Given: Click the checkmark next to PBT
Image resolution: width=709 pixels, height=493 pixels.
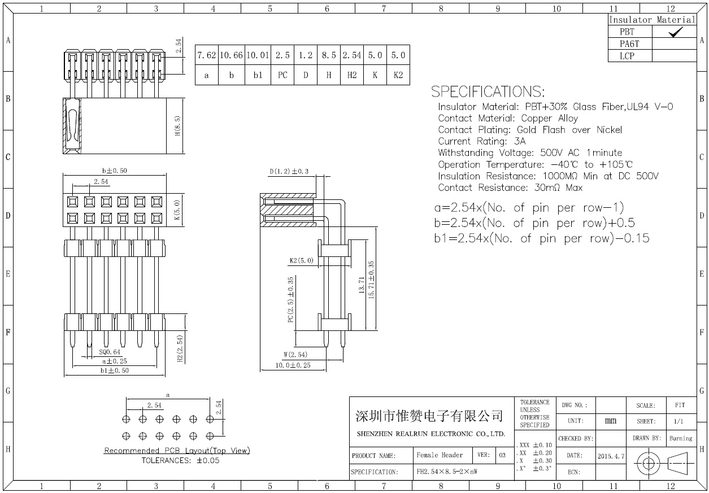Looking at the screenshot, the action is [x=675, y=32].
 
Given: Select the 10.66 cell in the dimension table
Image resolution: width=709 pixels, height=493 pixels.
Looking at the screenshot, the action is [x=232, y=55].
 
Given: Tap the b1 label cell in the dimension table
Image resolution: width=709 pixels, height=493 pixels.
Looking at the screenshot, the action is [x=258, y=75].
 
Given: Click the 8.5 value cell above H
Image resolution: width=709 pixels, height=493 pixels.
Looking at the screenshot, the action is [x=329, y=55].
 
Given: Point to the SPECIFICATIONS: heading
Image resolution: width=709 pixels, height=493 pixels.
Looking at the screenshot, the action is [x=488, y=91].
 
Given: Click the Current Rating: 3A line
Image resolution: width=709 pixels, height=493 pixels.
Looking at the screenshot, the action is [x=481, y=141].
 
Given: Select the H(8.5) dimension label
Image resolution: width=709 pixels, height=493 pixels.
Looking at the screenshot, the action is [x=177, y=126].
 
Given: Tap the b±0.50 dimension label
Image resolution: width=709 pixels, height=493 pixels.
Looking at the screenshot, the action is [x=114, y=171].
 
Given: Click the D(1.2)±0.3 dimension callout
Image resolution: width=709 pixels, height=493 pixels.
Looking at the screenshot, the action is [x=289, y=171].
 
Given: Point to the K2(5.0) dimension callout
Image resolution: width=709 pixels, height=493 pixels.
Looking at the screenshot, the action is [x=301, y=260].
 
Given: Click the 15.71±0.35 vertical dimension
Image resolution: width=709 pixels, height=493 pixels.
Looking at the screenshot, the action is [x=371, y=280].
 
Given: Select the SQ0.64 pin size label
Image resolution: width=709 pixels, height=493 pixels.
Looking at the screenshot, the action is [x=110, y=352].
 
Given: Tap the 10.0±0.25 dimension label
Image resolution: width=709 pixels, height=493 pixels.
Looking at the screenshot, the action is [x=293, y=365].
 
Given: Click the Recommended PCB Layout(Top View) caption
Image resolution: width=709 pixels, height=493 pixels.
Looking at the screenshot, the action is [x=177, y=450].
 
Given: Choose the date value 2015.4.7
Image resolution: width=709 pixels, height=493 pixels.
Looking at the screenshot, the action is [x=611, y=456].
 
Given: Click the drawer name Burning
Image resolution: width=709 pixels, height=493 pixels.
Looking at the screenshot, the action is [x=681, y=438].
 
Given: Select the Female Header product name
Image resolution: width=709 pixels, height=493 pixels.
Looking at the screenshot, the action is [x=440, y=455].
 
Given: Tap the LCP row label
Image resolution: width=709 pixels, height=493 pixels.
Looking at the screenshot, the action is [x=627, y=56].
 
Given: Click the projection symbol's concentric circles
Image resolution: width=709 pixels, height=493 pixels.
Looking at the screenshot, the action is [x=648, y=464].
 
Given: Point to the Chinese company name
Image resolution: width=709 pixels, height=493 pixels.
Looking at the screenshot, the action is [x=429, y=416].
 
